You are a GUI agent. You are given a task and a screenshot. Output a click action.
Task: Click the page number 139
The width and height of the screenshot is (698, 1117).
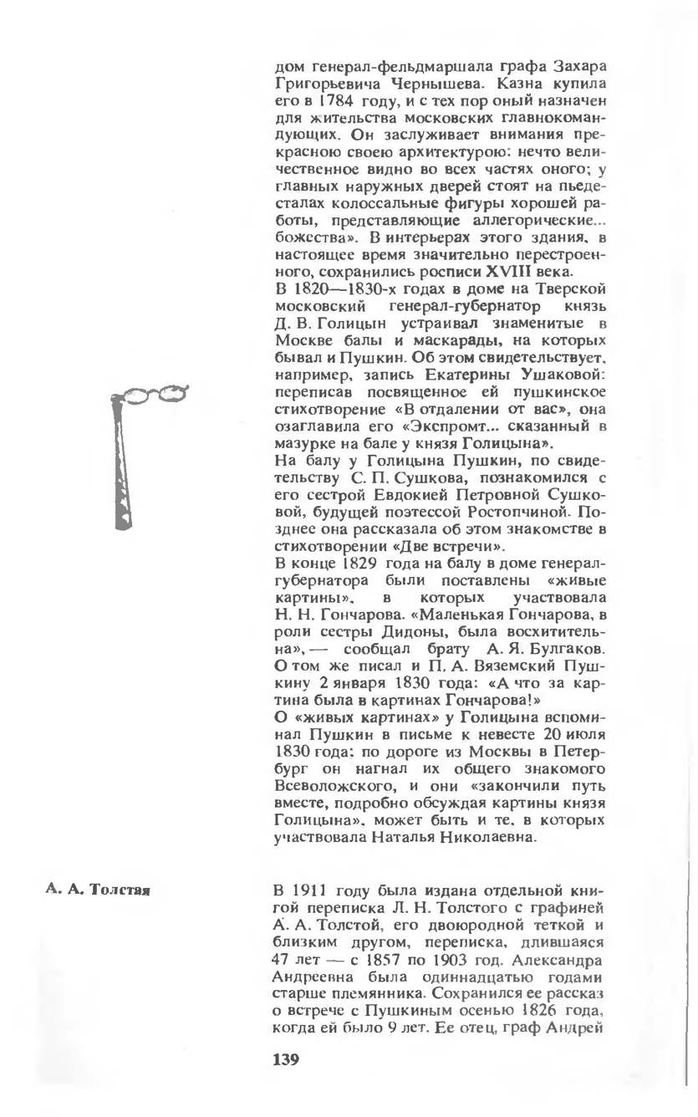[x=286, y=1060]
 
